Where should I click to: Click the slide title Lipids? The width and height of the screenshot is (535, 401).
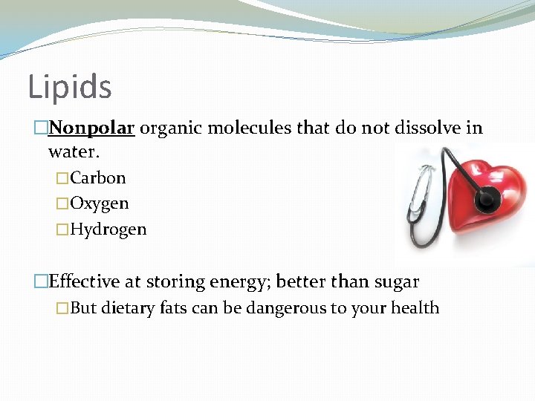coord(70,88)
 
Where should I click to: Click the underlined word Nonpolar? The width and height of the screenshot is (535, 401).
coord(91,128)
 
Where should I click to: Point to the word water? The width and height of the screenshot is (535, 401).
coord(72,152)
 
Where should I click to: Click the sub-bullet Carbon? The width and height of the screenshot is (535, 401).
coord(98,178)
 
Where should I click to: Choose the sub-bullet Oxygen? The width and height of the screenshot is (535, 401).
coord(100,203)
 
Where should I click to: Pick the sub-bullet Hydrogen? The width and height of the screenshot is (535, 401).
coord(108,229)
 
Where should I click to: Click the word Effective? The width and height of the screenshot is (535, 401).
coord(84,282)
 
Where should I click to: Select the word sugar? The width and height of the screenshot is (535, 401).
coord(396,282)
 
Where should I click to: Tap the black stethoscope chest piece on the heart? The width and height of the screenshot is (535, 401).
coord(488,198)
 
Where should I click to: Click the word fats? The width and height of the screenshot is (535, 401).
coord(174,308)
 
